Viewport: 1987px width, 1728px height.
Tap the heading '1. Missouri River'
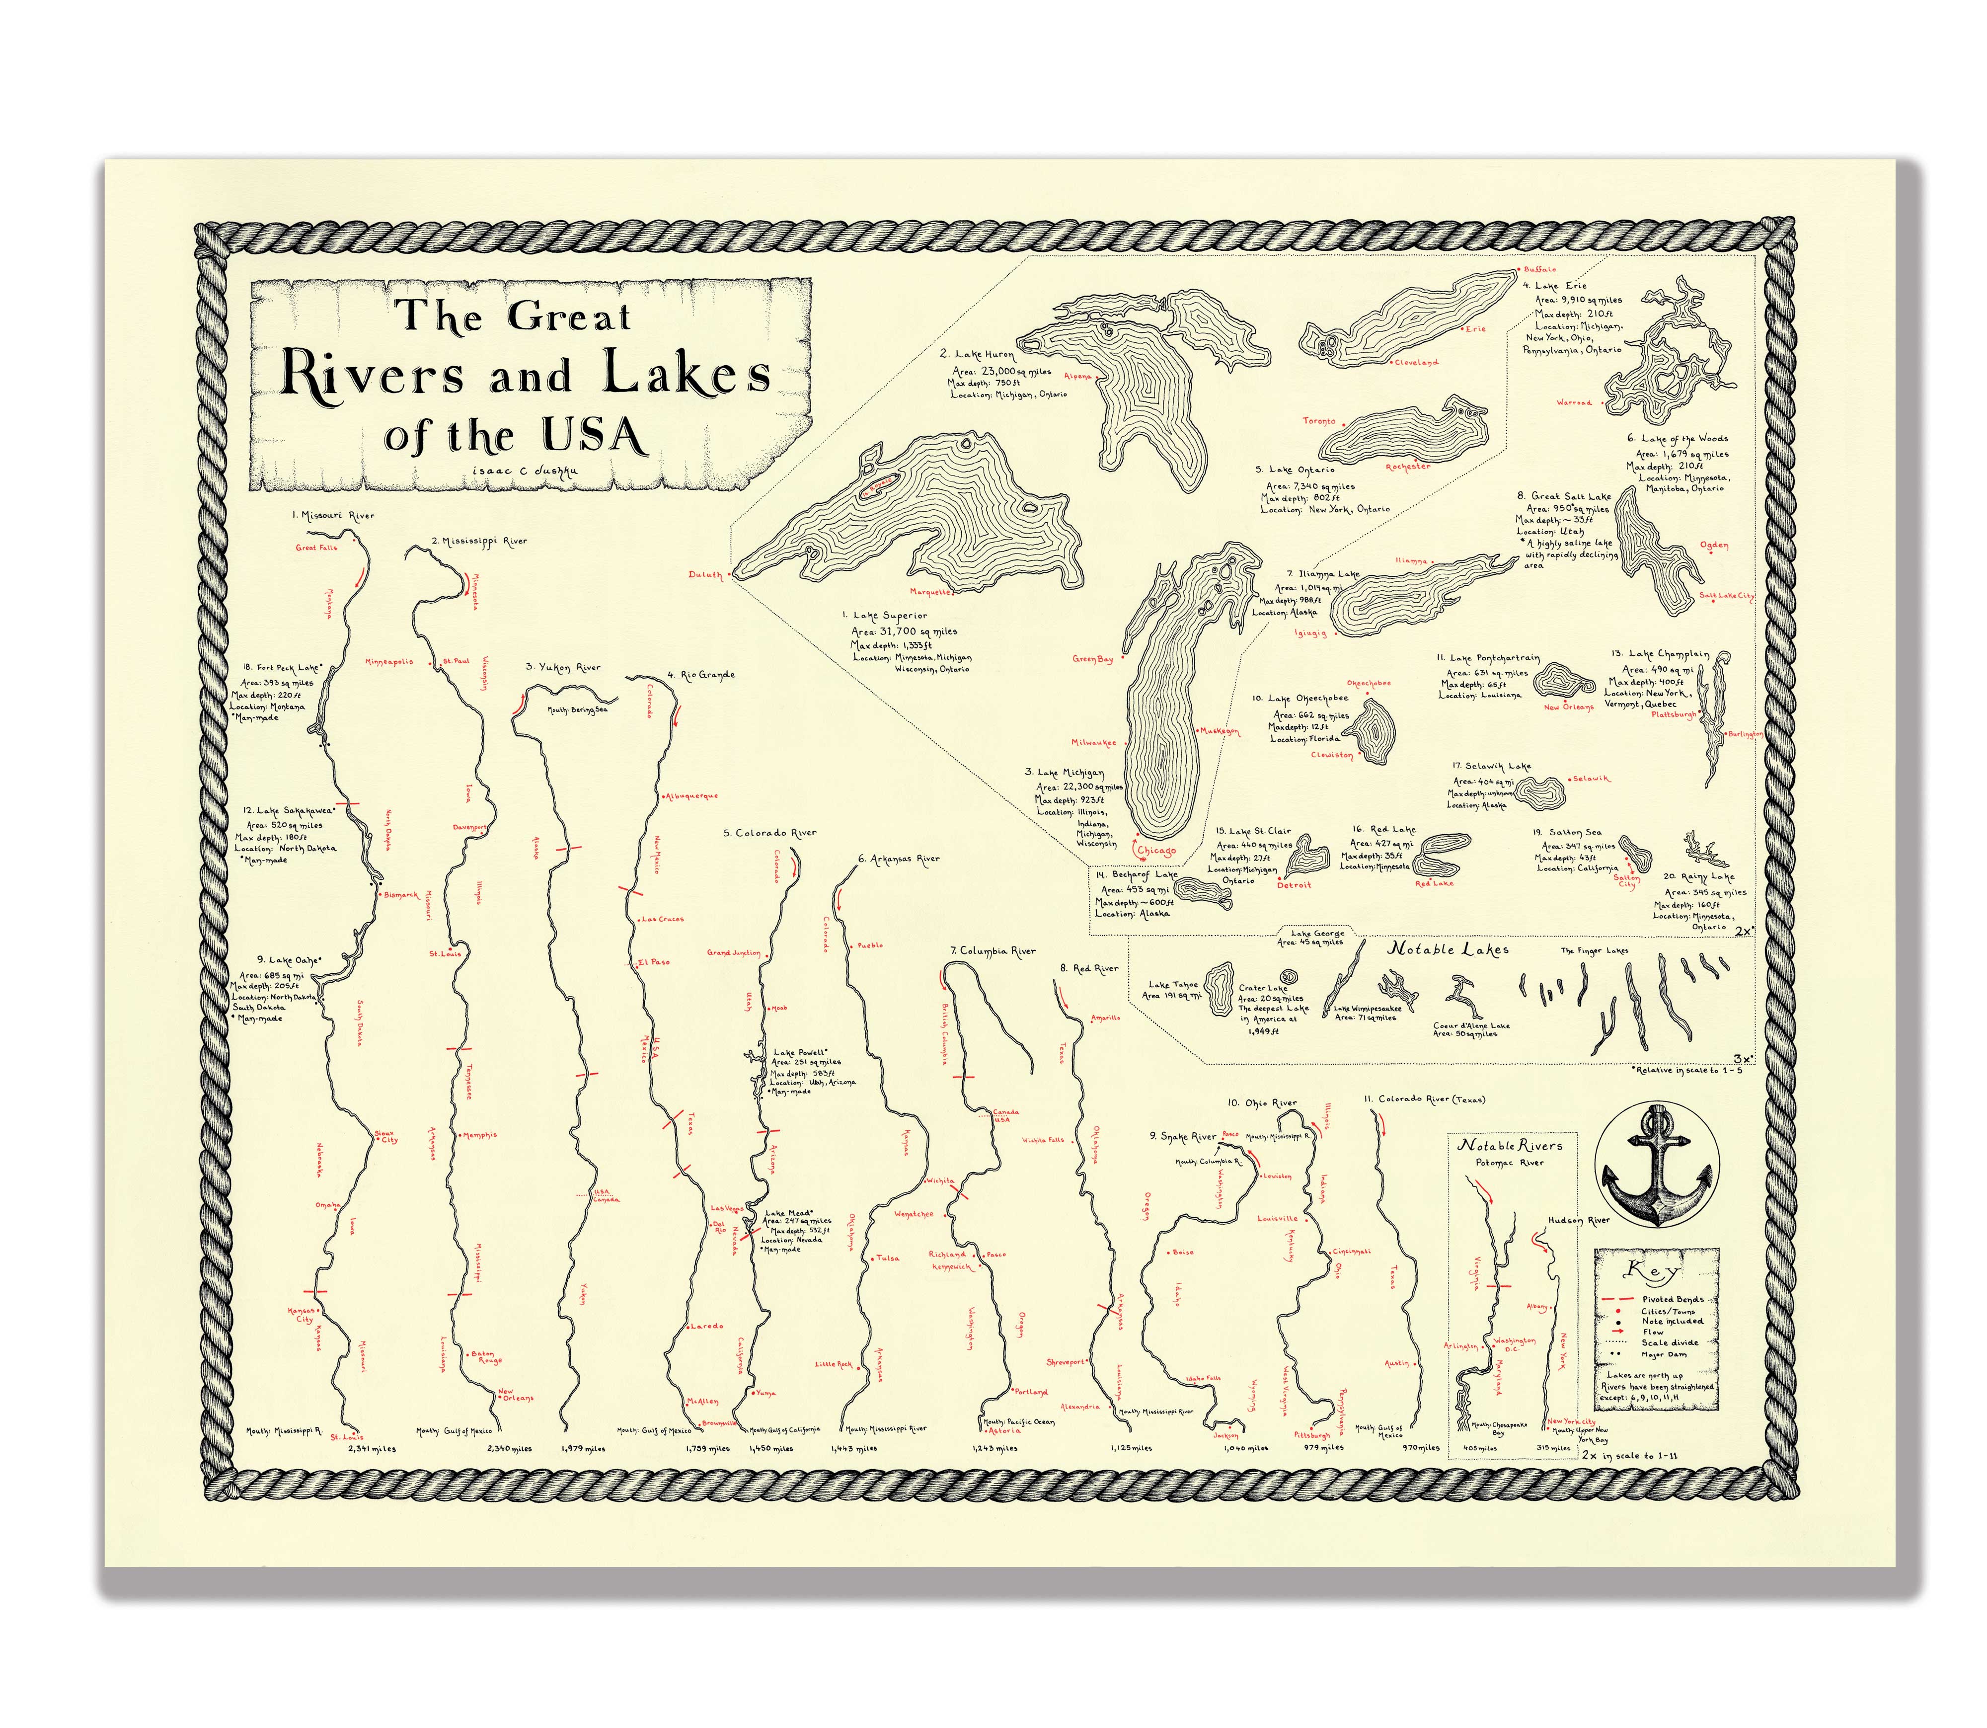[x=334, y=516]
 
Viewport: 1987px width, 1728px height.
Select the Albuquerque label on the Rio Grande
[x=691, y=796]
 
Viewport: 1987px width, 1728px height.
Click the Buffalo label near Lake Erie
[x=1539, y=270]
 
